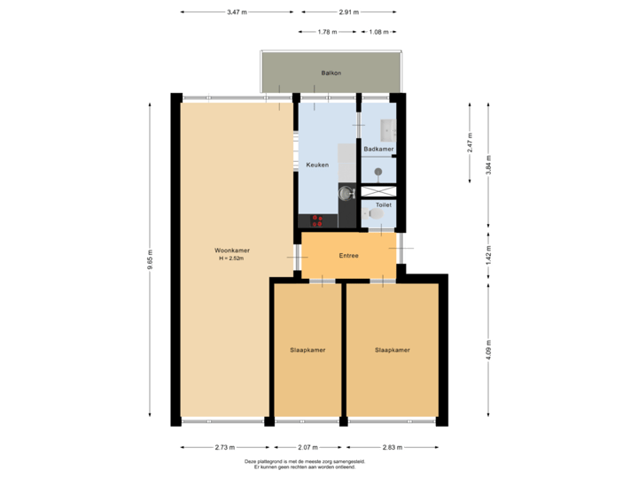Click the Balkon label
coord(331,73)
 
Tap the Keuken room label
coord(317,165)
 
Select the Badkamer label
coord(378,150)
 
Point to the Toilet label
coord(383,204)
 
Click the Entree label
coord(349,255)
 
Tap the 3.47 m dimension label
coord(237,12)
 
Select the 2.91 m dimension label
coord(349,12)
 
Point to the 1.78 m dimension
coord(327,32)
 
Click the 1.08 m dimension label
coord(379,32)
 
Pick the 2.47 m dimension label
coord(470,142)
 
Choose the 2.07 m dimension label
coord(307,447)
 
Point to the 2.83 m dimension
coord(392,447)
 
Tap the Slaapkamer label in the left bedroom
coord(307,350)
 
